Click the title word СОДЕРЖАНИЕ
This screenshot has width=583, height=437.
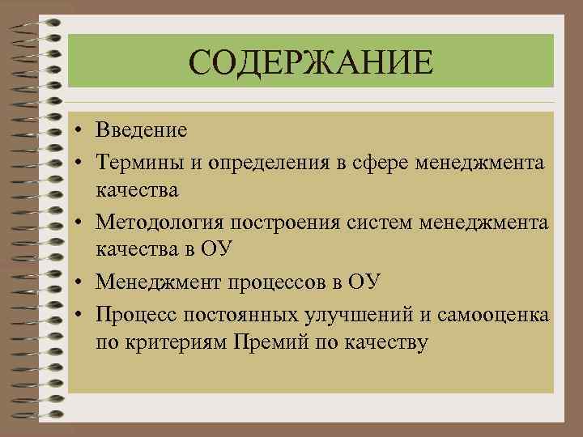pos(311,62)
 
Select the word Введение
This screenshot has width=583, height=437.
pos(141,130)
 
